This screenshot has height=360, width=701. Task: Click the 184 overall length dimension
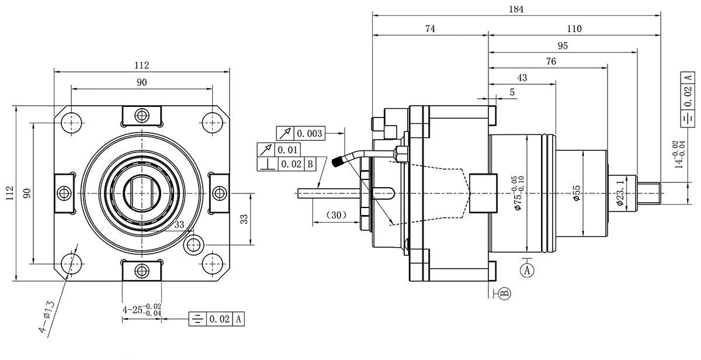click(x=516, y=9)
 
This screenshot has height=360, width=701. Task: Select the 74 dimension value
click(x=430, y=29)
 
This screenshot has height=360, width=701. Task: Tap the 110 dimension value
click(x=574, y=29)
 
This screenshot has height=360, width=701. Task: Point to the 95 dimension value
click(x=563, y=46)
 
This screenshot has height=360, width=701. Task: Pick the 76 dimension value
click(x=550, y=61)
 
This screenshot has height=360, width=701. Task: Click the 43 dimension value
click(x=522, y=78)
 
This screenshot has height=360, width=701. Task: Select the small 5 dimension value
click(x=512, y=92)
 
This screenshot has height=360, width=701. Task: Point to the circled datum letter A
click(x=528, y=270)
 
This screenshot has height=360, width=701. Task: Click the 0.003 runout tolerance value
click(x=309, y=133)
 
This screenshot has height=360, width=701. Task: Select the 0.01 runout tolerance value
click(x=288, y=149)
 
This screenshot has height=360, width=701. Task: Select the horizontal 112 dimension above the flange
click(x=141, y=64)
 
